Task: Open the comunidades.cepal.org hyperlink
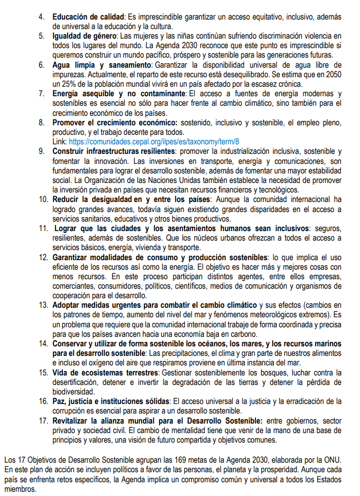pos(154,141)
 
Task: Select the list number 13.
pos(43,306)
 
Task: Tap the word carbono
pos(243,334)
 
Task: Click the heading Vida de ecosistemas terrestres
pos(102,372)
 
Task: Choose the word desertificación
pos(76,382)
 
